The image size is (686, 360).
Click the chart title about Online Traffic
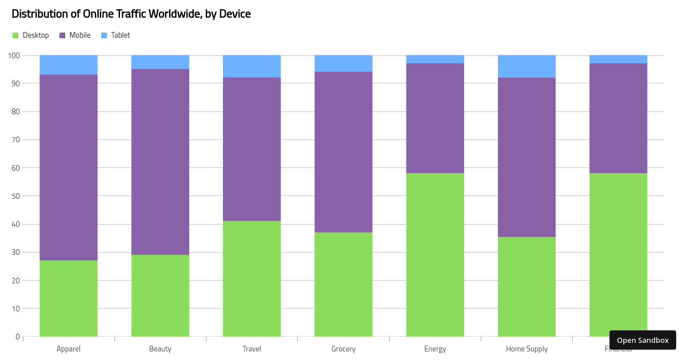[131, 14]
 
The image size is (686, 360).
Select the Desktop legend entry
[31, 35]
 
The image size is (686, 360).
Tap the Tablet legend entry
[115, 35]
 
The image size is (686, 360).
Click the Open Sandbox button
[643, 340]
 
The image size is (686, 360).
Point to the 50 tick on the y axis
[15, 196]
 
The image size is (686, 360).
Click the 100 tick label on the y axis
[14, 55]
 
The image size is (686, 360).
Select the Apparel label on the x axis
[69, 349]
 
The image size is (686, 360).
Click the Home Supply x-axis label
[527, 349]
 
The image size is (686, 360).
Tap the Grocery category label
[343, 349]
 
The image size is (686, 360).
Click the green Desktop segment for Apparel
[69, 298]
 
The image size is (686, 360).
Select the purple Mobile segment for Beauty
[160, 162]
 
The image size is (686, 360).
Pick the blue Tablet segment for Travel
[252, 66]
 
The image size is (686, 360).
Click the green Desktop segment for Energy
[435, 254]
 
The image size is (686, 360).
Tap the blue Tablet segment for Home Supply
[527, 66]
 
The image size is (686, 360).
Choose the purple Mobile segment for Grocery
[343, 151]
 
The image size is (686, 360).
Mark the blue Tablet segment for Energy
[435, 59]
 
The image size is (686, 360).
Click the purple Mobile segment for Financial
[618, 118]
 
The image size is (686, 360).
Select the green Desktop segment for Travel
[252, 278]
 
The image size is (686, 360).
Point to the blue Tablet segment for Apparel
[69, 65]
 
